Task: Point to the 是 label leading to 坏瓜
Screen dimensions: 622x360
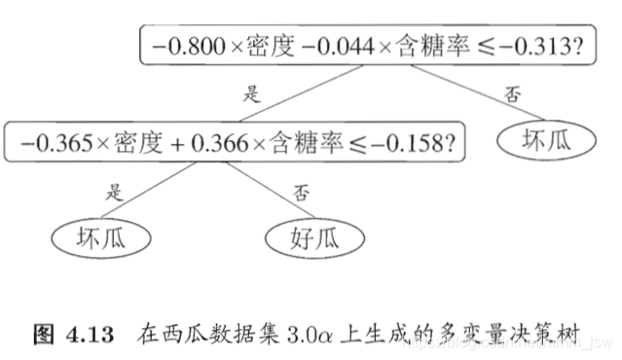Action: pyautogui.click(x=115, y=192)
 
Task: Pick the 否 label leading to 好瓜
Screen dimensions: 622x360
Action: pyautogui.click(x=300, y=192)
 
